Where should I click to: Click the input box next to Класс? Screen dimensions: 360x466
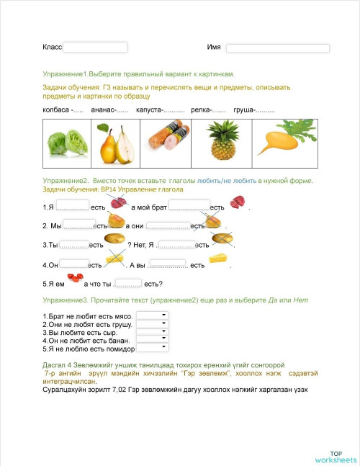point(95,47)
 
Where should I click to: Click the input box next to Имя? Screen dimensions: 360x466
point(277,48)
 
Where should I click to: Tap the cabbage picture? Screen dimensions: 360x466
point(67,140)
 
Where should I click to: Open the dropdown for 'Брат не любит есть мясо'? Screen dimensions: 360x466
point(152,315)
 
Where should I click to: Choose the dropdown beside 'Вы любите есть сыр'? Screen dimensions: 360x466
point(152,332)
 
